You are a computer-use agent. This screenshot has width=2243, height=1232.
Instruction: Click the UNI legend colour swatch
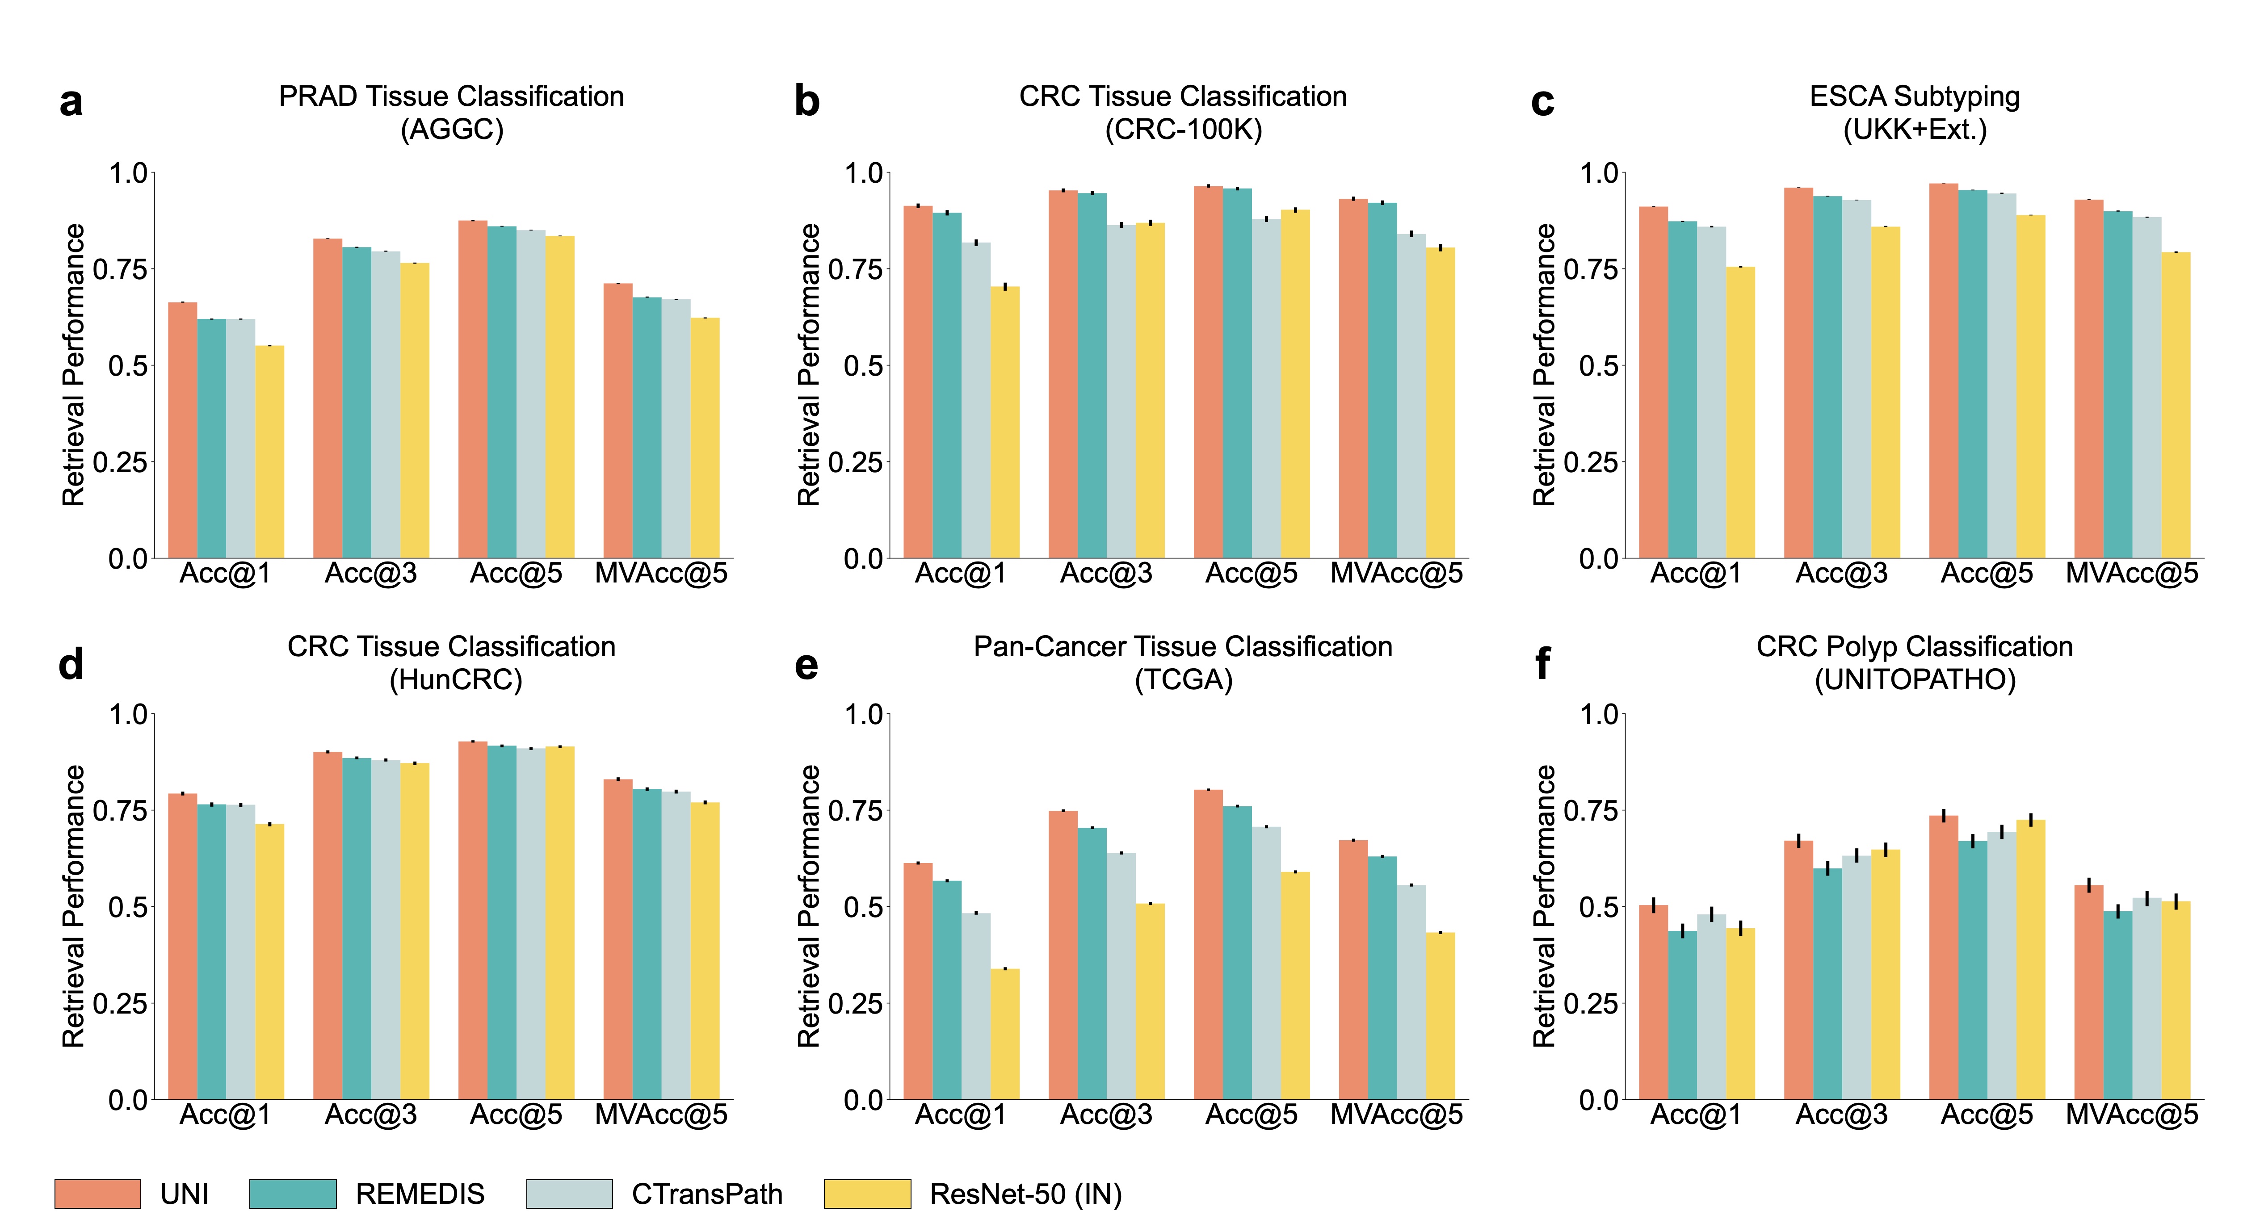tap(97, 1194)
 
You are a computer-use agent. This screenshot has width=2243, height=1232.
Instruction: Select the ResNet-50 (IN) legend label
tap(1026, 1194)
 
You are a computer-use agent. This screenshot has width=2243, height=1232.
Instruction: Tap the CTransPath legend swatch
tap(569, 1194)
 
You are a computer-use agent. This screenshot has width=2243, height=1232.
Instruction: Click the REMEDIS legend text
tap(420, 1194)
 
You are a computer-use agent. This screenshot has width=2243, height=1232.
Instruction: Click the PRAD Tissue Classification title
tap(451, 96)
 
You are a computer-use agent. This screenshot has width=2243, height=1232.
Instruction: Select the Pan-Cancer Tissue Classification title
tap(1182, 647)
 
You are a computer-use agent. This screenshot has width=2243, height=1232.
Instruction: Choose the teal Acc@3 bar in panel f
tap(1827, 984)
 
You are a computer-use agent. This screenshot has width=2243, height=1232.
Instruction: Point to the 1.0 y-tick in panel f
tap(1599, 715)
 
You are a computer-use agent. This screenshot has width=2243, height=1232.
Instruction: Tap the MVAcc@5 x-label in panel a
tap(661, 574)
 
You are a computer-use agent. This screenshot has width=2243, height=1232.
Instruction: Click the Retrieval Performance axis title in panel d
tap(74, 906)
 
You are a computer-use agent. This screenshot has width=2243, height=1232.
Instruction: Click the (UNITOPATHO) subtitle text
tap(1915, 680)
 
